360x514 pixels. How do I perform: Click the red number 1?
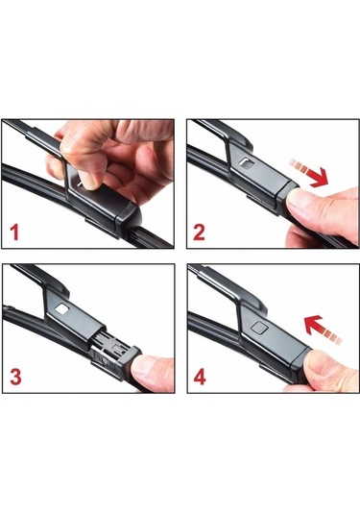coord(14,233)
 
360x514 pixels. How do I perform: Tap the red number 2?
coord(199,233)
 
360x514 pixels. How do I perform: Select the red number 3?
coord(15,377)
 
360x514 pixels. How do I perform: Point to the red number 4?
coord(200,377)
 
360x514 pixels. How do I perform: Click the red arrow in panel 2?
coord(308,173)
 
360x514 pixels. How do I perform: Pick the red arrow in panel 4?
coord(323,330)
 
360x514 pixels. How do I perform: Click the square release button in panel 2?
coord(247,162)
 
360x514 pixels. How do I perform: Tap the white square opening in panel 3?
coord(61,308)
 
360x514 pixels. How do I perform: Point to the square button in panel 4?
coord(259,328)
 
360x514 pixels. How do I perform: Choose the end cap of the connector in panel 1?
coord(129,218)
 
